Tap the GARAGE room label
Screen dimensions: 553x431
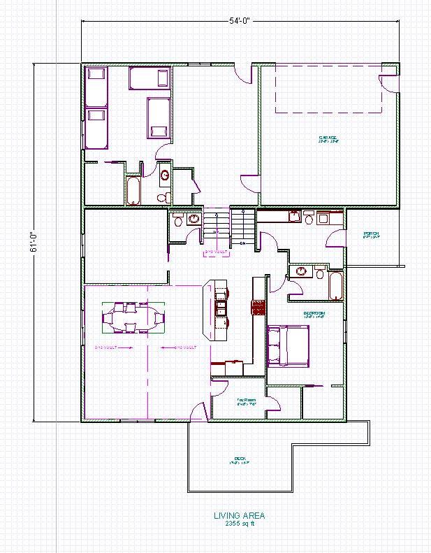tap(328, 138)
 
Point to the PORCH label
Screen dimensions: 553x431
tap(371, 236)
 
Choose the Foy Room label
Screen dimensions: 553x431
tap(247, 402)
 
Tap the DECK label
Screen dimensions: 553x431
tap(240, 461)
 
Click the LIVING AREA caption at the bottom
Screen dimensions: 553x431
tap(240, 516)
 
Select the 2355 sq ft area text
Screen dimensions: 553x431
tap(240, 524)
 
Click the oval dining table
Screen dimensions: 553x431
tap(133, 318)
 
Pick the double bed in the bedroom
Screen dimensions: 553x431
tap(288, 345)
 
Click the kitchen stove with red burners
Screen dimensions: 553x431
tap(258, 307)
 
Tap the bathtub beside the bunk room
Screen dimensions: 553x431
tap(133, 190)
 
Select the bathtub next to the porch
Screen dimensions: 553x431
tap(335, 287)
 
